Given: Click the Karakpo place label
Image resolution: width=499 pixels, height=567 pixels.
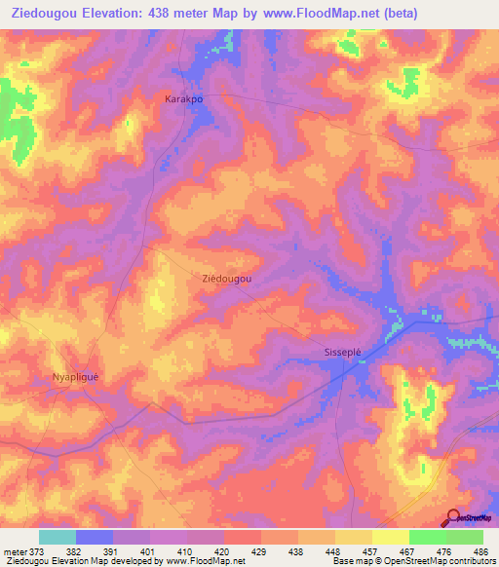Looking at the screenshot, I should point(182,99).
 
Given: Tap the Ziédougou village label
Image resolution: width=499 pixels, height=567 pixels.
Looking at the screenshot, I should point(226,279).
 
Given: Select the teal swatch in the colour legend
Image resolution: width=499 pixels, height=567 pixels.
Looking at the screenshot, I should point(58,537).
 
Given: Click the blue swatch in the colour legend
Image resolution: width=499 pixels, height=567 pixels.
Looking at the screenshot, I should point(95,537).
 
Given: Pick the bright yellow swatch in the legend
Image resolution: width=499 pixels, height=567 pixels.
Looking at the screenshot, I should point(390,537).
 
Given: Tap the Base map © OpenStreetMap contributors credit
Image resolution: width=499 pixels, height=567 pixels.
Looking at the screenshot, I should point(413,561).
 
